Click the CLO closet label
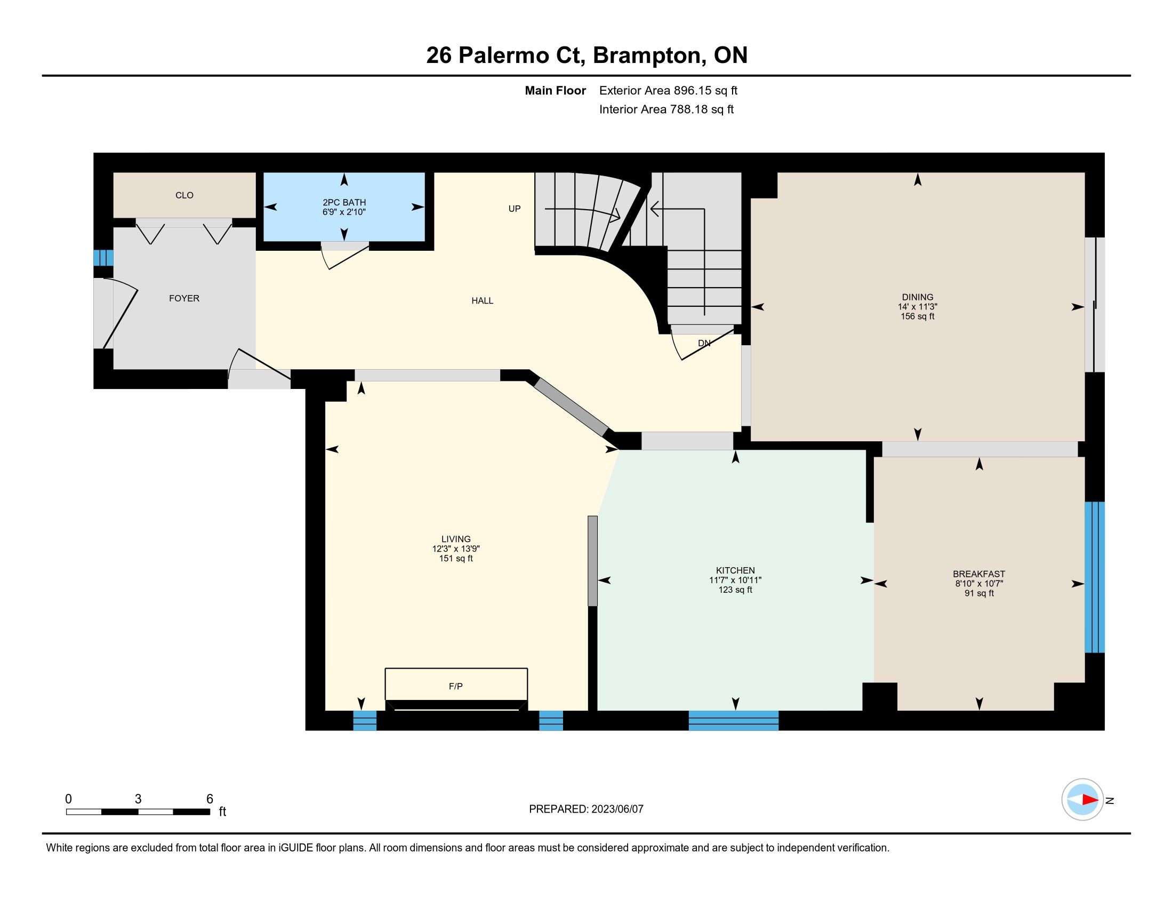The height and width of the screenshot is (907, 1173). (184, 195)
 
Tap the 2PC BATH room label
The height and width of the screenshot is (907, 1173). (344, 203)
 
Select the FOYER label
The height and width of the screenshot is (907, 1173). (184, 298)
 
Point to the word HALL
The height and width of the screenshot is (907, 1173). (483, 300)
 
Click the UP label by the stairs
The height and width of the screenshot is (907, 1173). (515, 209)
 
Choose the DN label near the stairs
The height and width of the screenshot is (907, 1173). (704, 343)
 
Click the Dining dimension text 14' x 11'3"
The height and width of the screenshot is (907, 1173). (918, 307)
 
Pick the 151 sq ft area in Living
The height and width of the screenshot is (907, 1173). (456, 558)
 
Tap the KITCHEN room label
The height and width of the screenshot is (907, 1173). (735, 570)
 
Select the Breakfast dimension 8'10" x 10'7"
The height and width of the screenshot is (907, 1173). (979, 584)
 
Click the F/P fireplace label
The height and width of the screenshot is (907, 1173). (455, 686)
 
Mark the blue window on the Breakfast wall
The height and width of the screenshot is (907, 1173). (1095, 577)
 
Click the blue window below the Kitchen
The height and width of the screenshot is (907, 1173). (734, 721)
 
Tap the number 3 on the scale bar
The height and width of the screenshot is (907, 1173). (138, 799)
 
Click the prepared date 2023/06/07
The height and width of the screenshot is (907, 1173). (616, 809)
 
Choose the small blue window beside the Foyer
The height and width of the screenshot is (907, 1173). (103, 258)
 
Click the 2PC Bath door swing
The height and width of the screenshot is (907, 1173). (344, 258)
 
